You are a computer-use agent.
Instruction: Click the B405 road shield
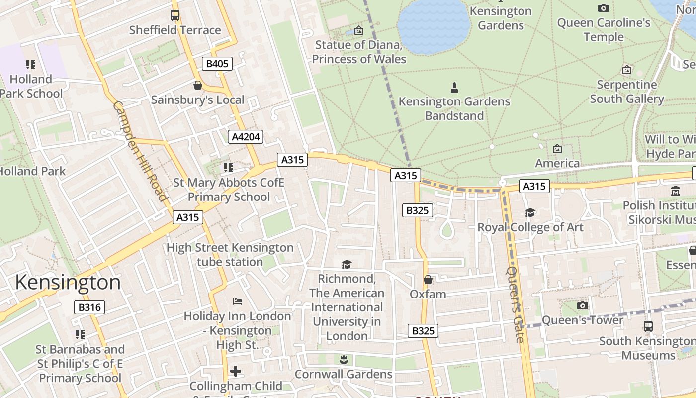pos(217,64)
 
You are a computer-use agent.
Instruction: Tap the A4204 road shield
pos(246,137)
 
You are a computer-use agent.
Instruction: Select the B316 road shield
pos(89,307)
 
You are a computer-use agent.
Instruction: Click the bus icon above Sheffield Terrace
pos(175,15)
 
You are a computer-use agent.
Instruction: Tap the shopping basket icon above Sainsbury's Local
pos(197,85)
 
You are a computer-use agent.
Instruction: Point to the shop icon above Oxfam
pos(428,280)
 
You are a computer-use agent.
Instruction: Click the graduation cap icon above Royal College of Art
pos(530,213)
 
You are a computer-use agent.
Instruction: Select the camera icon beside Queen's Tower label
pos(583,305)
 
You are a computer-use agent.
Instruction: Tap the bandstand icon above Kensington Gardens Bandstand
pos(454,88)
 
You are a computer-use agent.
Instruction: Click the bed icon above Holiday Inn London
pos(237,301)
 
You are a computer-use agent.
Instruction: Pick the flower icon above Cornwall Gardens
pos(343,359)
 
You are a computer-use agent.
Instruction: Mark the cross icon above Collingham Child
pos(236,371)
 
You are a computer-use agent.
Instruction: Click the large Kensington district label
pos(68,282)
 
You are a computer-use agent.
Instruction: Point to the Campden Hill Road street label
pos(140,151)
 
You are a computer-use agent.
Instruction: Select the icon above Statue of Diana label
pos(358,30)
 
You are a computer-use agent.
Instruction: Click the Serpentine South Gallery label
pos(626,92)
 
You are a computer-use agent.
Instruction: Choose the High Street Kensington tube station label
pos(230,254)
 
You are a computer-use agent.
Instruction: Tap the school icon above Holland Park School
pos(31,65)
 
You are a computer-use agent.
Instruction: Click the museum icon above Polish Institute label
pos(676,191)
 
